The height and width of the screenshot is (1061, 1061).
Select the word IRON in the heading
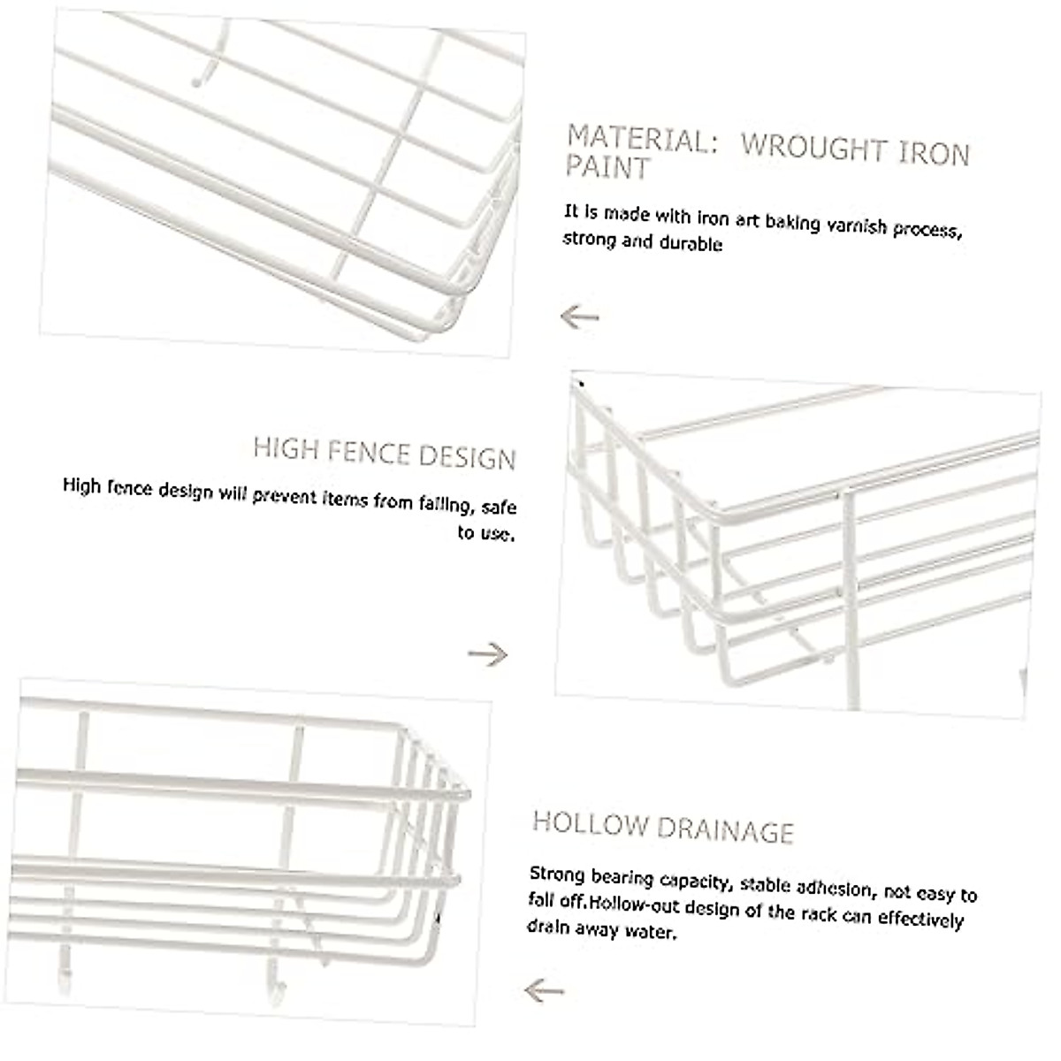click(x=934, y=154)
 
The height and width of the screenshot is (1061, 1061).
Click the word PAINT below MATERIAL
click(x=607, y=168)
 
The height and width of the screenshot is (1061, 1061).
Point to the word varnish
click(x=857, y=226)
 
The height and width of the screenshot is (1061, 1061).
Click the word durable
click(x=691, y=243)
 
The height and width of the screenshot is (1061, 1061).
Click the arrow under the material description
click(x=580, y=317)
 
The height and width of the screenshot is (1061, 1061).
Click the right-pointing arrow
click(x=488, y=655)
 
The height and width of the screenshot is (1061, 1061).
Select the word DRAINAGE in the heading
click(x=725, y=829)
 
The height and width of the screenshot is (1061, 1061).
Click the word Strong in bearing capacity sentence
click(x=557, y=874)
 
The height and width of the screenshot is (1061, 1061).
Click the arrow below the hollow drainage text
click(x=544, y=990)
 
